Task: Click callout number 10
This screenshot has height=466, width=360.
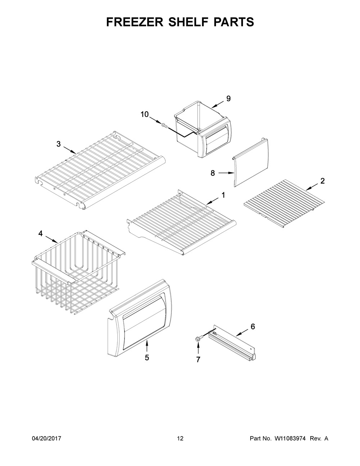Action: (x=145, y=115)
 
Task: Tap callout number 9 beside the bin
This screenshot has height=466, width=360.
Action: (x=229, y=99)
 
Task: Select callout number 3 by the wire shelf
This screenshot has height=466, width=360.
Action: (x=58, y=144)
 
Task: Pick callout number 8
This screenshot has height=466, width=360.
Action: (x=212, y=173)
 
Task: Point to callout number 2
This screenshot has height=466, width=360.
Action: (x=323, y=181)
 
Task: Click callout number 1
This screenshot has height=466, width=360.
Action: (x=223, y=195)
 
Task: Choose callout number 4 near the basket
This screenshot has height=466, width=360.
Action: (x=40, y=233)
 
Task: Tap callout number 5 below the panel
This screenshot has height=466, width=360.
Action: (x=147, y=358)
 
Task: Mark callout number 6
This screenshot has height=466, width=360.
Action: (x=253, y=327)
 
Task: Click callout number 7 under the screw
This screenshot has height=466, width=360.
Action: (x=198, y=359)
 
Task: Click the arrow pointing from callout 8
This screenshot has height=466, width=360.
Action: (x=226, y=173)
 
